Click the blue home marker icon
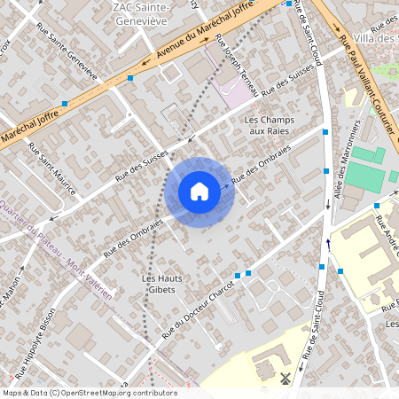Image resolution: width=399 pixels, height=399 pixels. pos(199,192)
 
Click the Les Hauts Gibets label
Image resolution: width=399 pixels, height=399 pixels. pos(162,285)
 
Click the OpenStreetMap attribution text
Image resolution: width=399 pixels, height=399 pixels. pos(90,393)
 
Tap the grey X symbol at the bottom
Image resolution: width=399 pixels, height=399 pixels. pos(285,379)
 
